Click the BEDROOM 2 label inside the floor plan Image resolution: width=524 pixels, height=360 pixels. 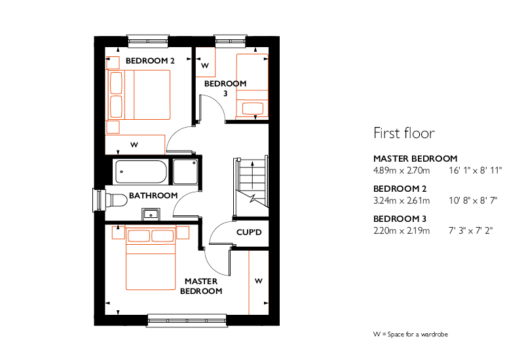[150, 61]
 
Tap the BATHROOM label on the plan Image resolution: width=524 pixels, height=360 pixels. [153, 195]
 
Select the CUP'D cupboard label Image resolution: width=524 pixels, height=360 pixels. [249, 232]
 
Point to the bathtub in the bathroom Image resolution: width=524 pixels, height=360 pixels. [141, 172]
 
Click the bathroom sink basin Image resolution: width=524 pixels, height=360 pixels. [151, 215]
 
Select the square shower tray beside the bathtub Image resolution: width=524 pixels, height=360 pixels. [185, 171]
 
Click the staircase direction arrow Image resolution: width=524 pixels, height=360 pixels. [252, 175]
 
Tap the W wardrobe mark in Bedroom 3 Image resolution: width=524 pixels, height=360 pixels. [205, 66]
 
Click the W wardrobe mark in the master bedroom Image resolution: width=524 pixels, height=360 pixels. [258, 281]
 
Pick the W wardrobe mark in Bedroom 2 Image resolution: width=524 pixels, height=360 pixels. [134, 145]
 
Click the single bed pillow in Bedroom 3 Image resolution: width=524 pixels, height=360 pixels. [253, 108]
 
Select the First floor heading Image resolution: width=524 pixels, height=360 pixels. [404, 133]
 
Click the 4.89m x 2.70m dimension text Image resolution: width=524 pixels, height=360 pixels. [402, 171]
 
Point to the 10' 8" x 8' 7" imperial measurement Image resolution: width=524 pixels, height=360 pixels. [473, 201]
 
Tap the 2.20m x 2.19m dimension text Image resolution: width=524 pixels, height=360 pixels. [402, 231]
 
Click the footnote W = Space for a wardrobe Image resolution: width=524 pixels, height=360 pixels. [411, 334]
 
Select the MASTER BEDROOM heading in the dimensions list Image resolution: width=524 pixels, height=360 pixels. [415, 158]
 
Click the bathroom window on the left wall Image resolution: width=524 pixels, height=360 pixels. [99, 200]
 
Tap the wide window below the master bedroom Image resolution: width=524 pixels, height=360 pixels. [187, 321]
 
